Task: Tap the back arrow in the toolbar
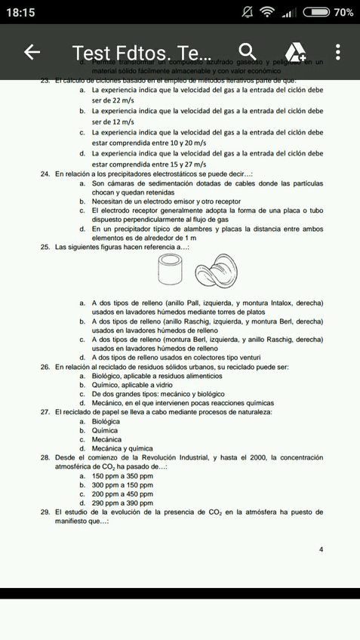(32, 52)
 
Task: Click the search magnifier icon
(245, 51)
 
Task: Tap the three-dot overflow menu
(337, 52)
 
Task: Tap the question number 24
(45, 174)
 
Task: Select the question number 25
(45, 247)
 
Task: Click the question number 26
(45, 367)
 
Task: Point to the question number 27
(45, 412)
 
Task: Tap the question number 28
(45, 457)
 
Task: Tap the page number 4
(321, 549)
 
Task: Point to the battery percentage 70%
(343, 12)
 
